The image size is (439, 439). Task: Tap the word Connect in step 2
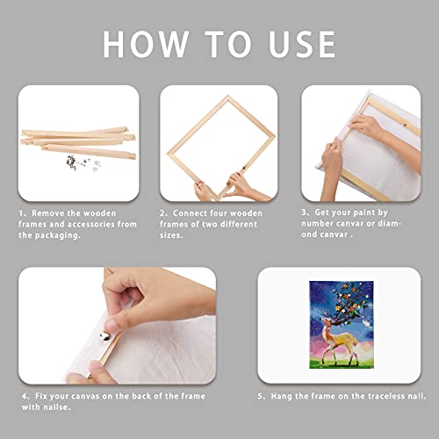coord(192,212)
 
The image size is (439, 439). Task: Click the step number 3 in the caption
coord(305,212)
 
